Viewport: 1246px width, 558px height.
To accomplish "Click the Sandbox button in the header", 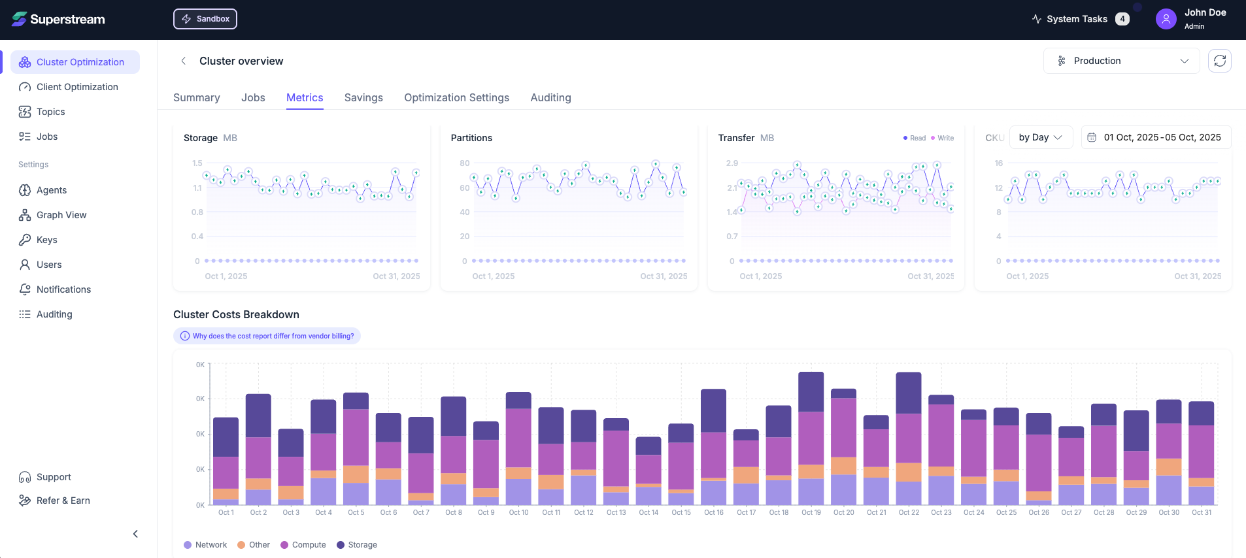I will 205,19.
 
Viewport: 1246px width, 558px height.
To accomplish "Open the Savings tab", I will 363,97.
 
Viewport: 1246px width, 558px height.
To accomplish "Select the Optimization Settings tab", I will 456,97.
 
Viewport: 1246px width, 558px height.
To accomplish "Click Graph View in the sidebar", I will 61,215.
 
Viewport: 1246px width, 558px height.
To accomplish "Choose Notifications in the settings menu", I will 63,289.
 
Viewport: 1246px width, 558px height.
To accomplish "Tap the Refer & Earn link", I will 63,501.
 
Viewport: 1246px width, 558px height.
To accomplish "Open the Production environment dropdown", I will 1121,61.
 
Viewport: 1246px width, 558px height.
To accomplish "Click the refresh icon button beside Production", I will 1220,61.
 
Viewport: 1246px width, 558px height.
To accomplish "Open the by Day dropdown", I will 1041,137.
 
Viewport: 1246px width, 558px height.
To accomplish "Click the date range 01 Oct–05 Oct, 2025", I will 1156,137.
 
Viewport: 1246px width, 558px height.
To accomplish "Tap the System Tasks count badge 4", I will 1122,19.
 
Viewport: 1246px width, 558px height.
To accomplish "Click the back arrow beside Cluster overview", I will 184,61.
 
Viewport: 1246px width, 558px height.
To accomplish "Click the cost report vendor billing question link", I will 267,336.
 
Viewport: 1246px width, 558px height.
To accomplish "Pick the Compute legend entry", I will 303,545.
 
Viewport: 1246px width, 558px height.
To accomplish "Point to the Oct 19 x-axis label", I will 811,513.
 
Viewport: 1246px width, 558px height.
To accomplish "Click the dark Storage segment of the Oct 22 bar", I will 909,393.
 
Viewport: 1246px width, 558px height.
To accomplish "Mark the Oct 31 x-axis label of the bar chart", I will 1202,513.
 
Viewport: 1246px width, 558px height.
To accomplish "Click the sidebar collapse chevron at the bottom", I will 135,534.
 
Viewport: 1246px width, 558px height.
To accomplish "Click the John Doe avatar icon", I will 1166,19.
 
